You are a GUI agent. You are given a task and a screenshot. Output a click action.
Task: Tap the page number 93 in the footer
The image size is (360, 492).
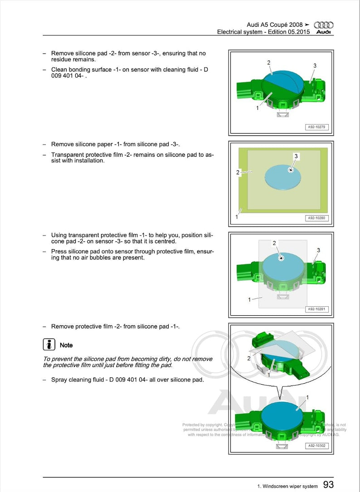coord(328,485)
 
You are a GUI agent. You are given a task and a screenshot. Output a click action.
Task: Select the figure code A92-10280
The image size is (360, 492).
coord(316,218)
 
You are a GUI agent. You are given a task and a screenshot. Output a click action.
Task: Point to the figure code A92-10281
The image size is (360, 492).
coord(316,309)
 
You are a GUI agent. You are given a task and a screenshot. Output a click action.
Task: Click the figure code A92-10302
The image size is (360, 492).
coord(316,446)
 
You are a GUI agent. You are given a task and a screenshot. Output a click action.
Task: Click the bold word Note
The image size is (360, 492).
coord(66,345)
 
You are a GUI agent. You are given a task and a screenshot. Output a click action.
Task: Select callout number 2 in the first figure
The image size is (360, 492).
coord(268,63)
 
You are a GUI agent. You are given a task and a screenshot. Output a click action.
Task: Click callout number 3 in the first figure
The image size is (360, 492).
coord(315,66)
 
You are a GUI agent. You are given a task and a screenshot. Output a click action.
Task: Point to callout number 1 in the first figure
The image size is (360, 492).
coord(258,108)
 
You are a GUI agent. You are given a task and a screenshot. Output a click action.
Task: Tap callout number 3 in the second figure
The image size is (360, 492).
coord(296,156)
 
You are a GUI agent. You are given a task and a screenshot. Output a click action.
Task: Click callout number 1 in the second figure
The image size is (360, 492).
coord(237,217)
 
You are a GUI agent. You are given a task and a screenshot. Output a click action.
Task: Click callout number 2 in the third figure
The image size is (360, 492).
coord(274,243)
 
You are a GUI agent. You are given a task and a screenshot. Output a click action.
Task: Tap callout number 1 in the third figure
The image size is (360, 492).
coord(249,299)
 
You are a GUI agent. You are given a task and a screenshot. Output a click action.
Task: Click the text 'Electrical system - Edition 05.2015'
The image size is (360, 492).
coord(263,32)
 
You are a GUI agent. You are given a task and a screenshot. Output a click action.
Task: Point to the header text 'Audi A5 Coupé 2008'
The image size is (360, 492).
coord(275,24)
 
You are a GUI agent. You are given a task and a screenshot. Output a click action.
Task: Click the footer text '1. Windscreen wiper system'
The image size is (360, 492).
coord(287,486)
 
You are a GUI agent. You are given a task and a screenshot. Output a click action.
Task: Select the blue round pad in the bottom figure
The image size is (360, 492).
coord(282,412)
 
